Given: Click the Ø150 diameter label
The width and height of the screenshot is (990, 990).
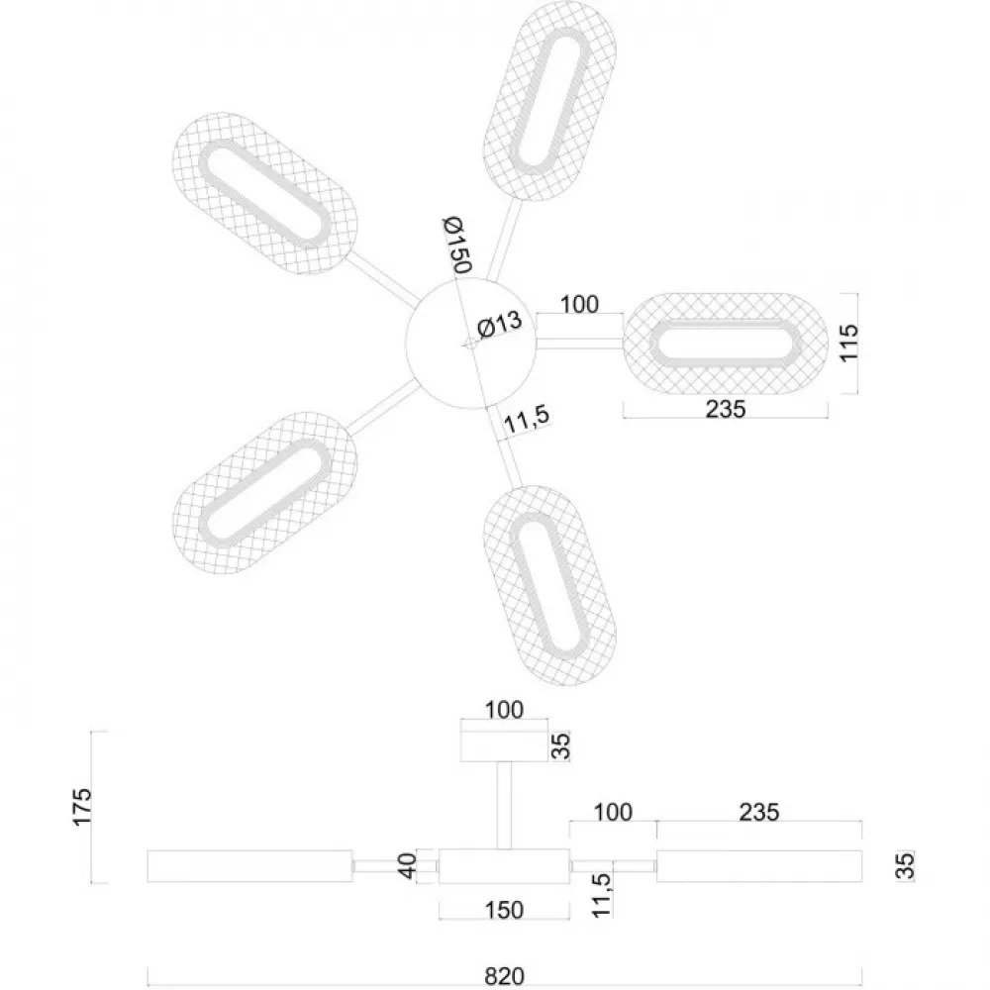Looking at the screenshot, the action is (x=457, y=245).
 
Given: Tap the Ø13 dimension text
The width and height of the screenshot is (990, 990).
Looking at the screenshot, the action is (x=499, y=325).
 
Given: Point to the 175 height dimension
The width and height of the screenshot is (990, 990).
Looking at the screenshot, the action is (x=82, y=806).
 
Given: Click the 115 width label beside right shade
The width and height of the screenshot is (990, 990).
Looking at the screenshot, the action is (x=849, y=343).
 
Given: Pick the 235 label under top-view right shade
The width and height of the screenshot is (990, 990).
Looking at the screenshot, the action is (x=726, y=409).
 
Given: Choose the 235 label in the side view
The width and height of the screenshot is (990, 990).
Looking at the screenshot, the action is (x=759, y=812).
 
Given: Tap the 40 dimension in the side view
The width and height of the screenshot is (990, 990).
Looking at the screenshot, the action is (x=408, y=865).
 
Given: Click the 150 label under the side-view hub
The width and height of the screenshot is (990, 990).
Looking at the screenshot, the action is (x=504, y=910).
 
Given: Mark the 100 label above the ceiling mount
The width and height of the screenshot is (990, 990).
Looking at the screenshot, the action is (x=504, y=710).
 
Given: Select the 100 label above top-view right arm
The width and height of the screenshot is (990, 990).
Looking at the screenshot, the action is (x=579, y=304).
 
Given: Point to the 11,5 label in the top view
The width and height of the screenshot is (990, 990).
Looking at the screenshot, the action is (x=527, y=419).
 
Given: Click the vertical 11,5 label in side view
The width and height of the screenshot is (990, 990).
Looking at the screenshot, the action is (x=602, y=895).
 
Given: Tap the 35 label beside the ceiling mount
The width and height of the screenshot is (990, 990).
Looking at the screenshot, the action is (x=560, y=745).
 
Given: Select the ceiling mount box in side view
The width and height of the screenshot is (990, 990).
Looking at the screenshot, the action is (x=504, y=746).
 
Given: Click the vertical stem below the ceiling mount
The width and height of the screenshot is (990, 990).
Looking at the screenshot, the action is (x=504, y=806).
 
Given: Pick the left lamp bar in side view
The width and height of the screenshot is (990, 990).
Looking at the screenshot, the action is (x=250, y=866).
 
